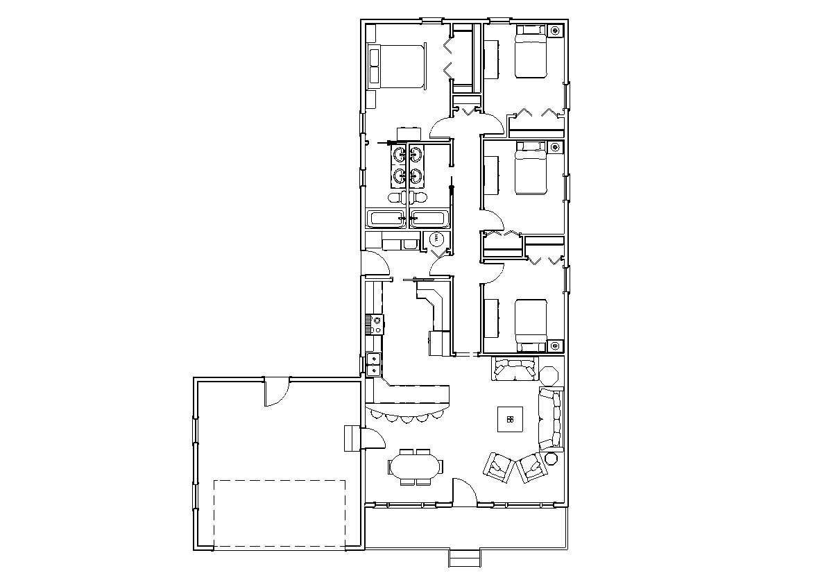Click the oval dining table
(416, 467)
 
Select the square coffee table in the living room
(510, 419)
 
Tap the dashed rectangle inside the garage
(279, 513)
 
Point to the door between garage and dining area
(373, 439)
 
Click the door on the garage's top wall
(276, 392)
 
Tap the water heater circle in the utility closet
(436, 239)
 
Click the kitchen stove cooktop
(374, 325)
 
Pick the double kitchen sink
(373, 364)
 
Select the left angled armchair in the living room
(497, 468)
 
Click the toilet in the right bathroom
(416, 199)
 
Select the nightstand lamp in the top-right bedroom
(555, 31)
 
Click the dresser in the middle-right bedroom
(491, 176)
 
